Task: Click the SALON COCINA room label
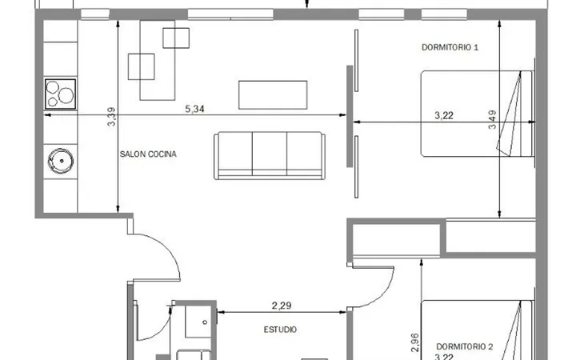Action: tap(148, 154)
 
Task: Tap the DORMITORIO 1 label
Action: tap(450, 47)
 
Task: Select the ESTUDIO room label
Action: tap(280, 330)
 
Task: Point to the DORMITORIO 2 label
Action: tap(464, 346)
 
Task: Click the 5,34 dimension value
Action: tap(194, 109)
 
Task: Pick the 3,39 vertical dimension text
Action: tap(111, 117)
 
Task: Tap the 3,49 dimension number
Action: tap(492, 120)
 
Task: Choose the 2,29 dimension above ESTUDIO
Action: tap(282, 306)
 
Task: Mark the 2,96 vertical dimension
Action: tap(414, 342)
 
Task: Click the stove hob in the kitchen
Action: tap(60, 94)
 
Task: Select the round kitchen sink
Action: tap(61, 161)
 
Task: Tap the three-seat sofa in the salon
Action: tap(270, 156)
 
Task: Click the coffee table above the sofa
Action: tap(273, 95)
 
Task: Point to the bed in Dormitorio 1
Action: tap(477, 114)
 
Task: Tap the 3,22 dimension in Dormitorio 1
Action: tap(444, 115)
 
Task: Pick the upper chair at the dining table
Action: tap(176, 38)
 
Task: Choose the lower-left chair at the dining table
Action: tap(141, 66)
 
